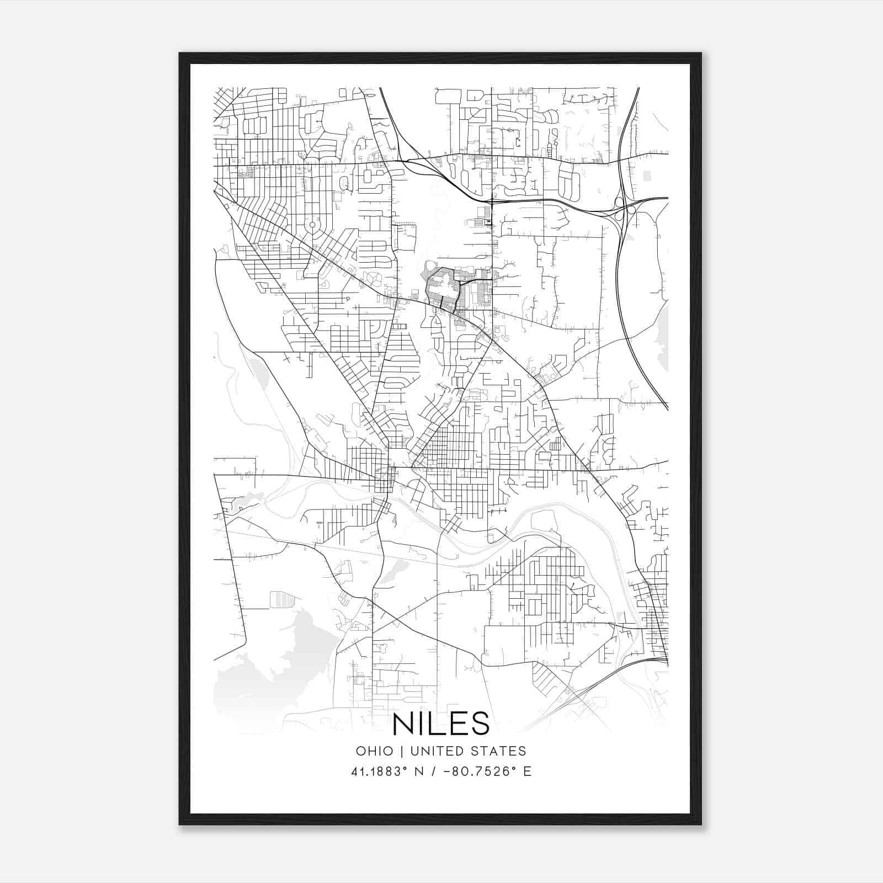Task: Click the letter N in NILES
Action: click(x=404, y=724)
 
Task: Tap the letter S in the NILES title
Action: click(x=480, y=724)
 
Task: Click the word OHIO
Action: click(x=375, y=751)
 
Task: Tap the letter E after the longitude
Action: click(x=527, y=772)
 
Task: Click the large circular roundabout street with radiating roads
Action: click(x=312, y=225)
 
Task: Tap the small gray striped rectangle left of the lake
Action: click(x=279, y=600)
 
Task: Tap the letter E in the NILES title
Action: click(x=458, y=724)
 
